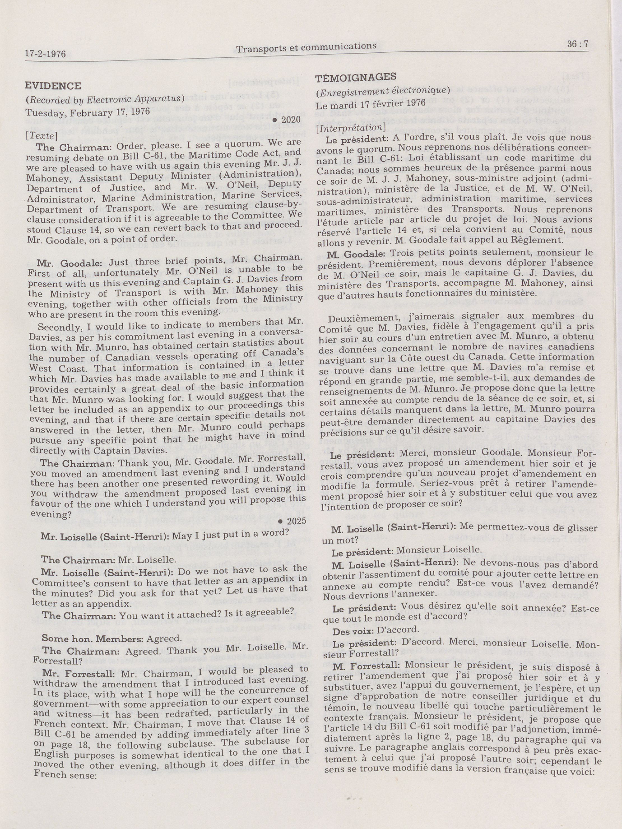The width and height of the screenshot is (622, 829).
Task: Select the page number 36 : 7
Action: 577,44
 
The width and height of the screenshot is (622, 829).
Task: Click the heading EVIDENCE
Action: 53,86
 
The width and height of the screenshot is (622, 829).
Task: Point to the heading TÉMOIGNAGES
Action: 356,78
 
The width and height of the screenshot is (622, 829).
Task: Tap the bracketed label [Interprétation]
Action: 351,127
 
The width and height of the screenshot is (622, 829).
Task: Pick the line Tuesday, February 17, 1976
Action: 87,112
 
